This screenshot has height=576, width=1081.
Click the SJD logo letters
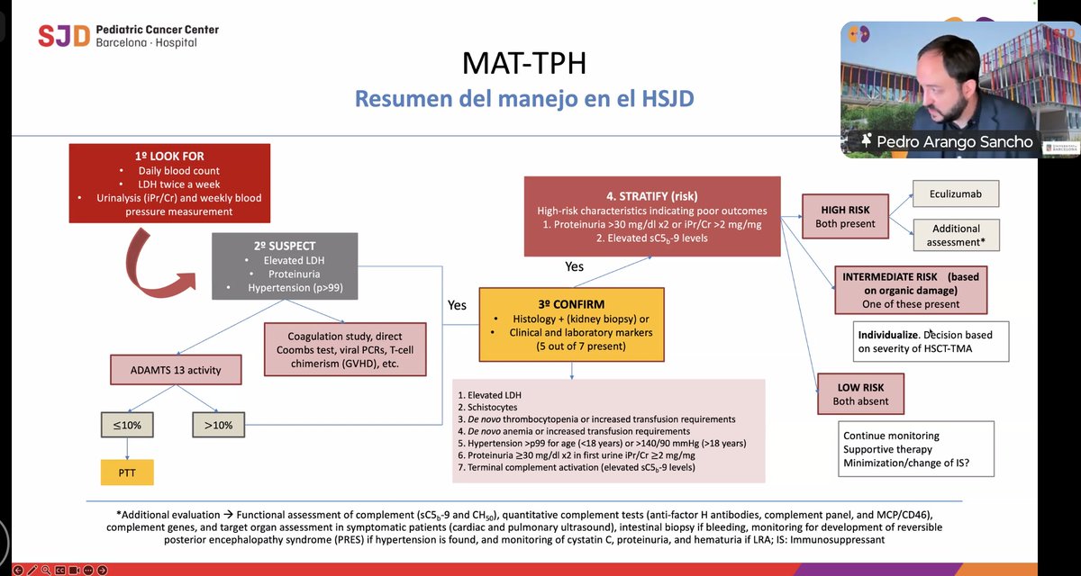tap(64, 36)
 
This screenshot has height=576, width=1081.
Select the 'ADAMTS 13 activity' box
tap(177, 369)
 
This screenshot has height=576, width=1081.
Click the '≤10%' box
tap(127, 425)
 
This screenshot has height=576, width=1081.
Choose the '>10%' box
tap(219, 425)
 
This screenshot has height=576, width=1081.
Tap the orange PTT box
tap(127, 472)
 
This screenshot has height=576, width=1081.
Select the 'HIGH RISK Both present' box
tap(844, 217)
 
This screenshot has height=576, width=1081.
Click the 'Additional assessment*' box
tap(957, 235)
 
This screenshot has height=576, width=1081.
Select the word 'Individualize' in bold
tap(887, 335)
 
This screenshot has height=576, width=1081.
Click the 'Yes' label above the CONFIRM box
tap(574, 266)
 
